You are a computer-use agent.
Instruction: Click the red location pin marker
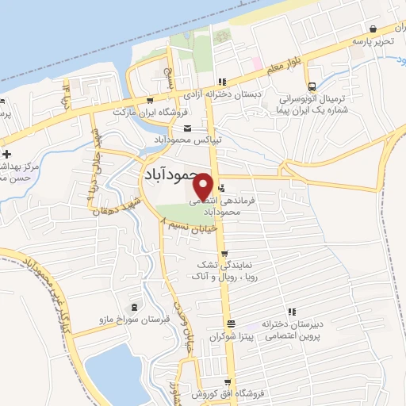point(203,186)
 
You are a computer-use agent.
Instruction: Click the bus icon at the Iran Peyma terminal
point(312,87)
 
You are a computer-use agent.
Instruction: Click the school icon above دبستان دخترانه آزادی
point(223,81)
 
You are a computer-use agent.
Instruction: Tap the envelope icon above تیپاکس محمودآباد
point(187,129)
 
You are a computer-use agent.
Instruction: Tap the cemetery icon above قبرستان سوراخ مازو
point(132,307)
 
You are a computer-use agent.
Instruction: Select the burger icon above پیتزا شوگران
point(230,324)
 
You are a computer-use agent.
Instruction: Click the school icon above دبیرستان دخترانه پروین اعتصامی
point(291,312)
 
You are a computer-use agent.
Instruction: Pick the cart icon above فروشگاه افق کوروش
point(228,382)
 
